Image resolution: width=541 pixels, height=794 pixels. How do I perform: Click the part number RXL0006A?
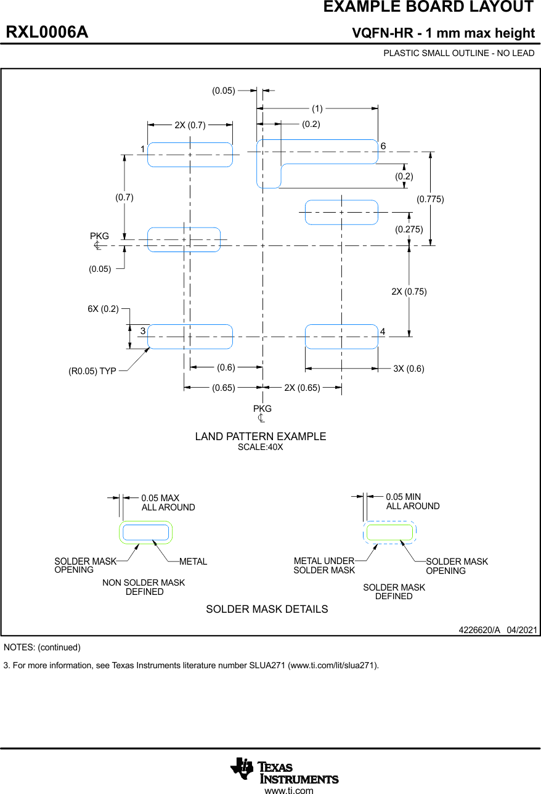tap(47, 33)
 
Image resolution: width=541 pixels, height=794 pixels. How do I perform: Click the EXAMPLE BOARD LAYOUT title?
tap(428, 7)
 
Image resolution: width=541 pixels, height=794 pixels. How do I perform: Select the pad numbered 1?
tap(190, 154)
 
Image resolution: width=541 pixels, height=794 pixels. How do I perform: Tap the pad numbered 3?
tap(190, 337)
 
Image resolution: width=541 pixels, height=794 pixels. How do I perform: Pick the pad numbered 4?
tap(341, 337)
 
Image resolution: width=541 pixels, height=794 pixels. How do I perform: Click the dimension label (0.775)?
tap(430, 198)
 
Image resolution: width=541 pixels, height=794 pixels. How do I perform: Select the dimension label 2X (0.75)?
tap(409, 292)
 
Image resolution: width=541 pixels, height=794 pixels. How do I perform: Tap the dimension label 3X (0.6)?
tap(409, 369)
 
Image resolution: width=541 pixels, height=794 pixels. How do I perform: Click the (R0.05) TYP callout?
tap(92, 372)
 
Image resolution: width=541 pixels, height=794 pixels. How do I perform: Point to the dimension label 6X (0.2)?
tap(103, 309)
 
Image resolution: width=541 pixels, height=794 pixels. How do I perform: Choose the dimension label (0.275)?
tap(409, 229)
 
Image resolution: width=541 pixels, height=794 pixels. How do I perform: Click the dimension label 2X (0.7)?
tap(190, 125)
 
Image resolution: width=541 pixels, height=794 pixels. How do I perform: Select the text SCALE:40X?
tap(261, 447)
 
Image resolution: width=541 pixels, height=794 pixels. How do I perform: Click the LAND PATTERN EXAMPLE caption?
tap(261, 436)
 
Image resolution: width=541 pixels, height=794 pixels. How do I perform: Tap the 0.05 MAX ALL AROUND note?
tap(168, 502)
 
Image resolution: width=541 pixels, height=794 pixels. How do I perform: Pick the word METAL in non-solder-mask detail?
tap(193, 562)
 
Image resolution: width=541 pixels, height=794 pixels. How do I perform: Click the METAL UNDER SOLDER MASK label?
tap(324, 565)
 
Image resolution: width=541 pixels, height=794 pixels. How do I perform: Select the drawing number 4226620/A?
tap(479, 630)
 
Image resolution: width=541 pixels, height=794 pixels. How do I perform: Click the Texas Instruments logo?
tap(285, 771)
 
